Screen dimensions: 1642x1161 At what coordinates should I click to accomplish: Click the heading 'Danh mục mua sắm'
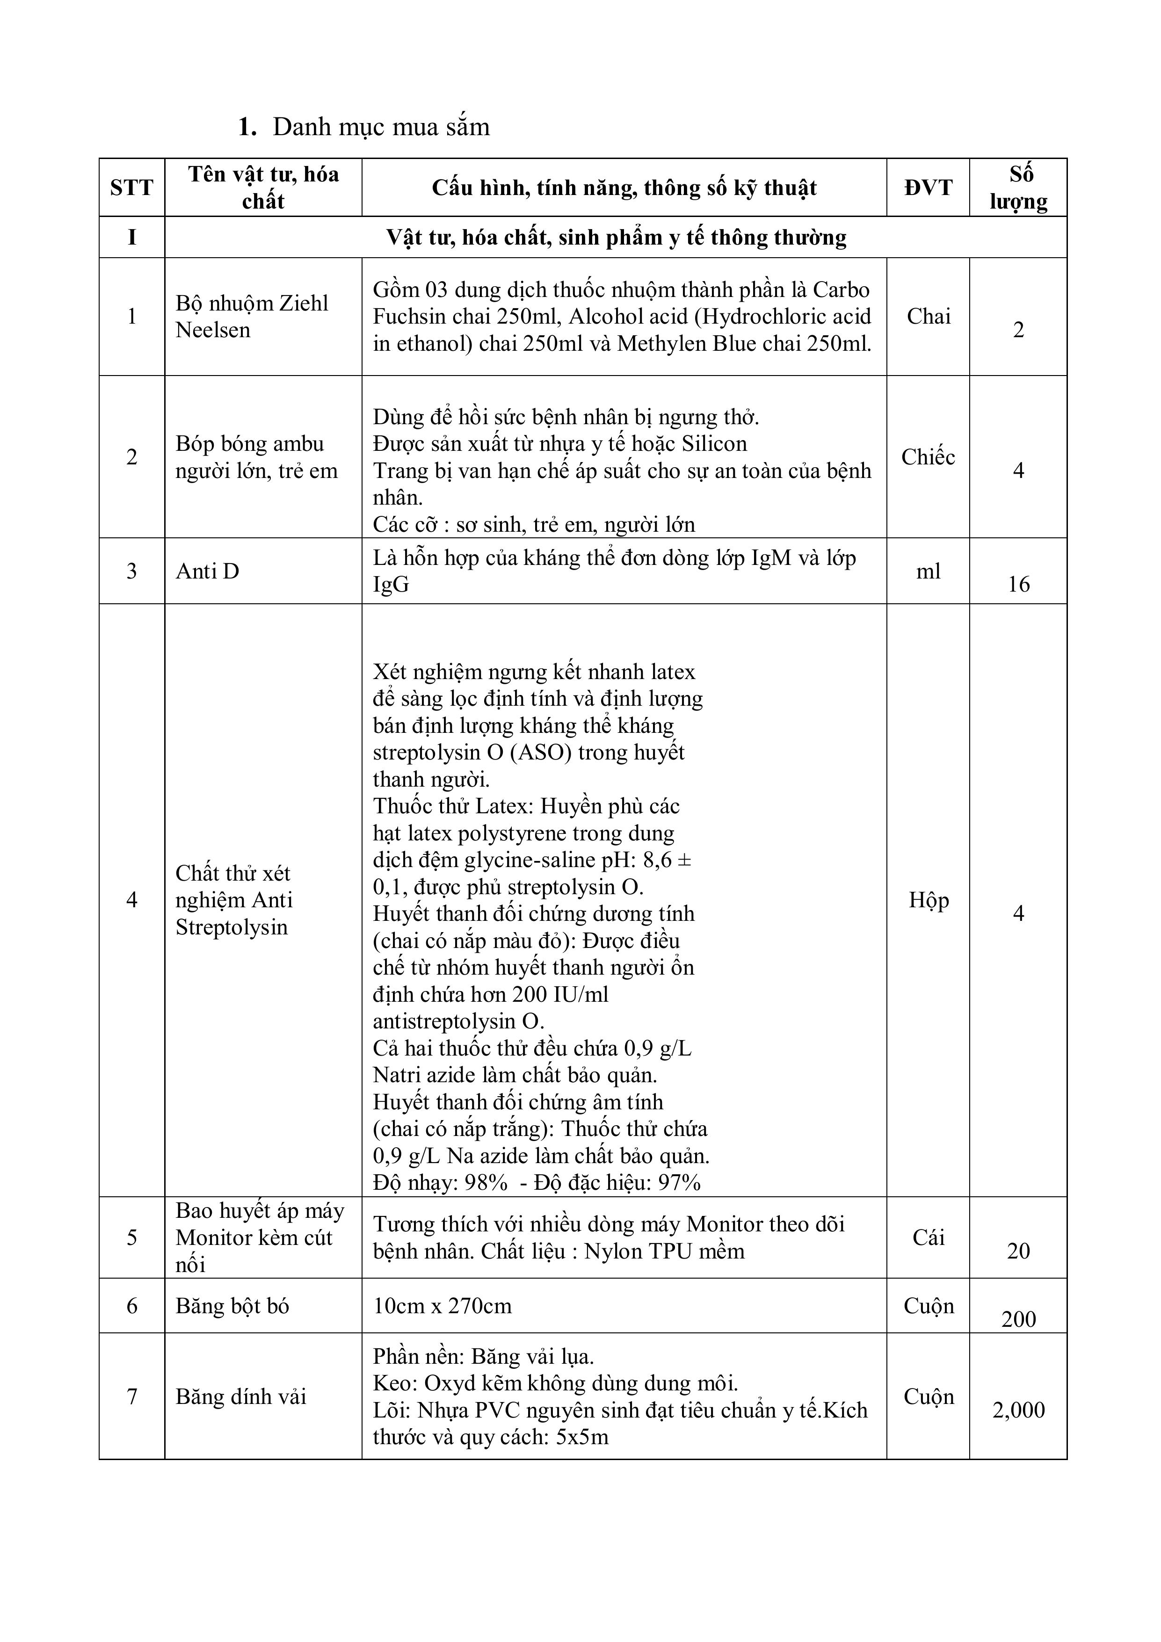point(381,127)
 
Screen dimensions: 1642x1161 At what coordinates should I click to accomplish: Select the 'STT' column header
point(131,188)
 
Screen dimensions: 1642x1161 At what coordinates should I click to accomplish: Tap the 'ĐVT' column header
point(928,188)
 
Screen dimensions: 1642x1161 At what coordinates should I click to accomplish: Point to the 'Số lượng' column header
point(1019,188)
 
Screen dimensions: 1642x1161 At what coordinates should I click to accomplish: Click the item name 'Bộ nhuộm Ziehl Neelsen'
point(251,317)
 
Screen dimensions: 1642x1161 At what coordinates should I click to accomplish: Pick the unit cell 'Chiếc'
point(928,457)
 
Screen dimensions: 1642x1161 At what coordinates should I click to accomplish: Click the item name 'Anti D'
point(207,571)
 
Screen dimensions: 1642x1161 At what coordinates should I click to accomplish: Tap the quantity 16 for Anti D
point(1019,584)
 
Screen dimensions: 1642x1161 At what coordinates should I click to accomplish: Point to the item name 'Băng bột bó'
point(232,1307)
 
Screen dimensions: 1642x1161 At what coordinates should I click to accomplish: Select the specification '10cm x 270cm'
point(442,1307)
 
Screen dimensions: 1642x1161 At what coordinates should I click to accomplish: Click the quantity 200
point(1019,1319)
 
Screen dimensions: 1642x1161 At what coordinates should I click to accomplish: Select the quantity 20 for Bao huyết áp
point(1019,1251)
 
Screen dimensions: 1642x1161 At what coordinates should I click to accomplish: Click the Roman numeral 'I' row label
point(131,238)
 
